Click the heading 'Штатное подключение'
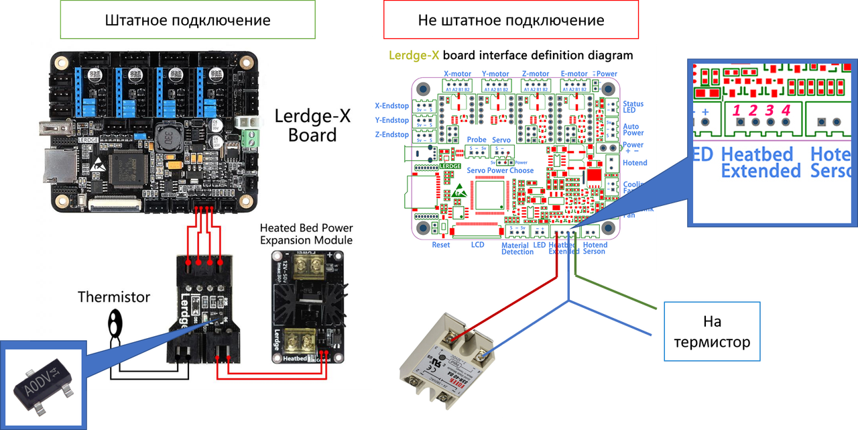188,20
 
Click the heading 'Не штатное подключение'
511,20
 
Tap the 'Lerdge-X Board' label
312,125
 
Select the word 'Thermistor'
113,297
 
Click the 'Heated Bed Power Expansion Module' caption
306,234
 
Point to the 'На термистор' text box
711,333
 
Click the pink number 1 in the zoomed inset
738,109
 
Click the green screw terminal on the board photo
253,138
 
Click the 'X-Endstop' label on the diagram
392,105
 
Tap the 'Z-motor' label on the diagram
535,74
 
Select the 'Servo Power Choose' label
500,170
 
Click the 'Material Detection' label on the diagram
517,248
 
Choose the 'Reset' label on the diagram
440,246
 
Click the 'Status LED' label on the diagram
633,107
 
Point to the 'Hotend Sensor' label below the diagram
595,248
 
